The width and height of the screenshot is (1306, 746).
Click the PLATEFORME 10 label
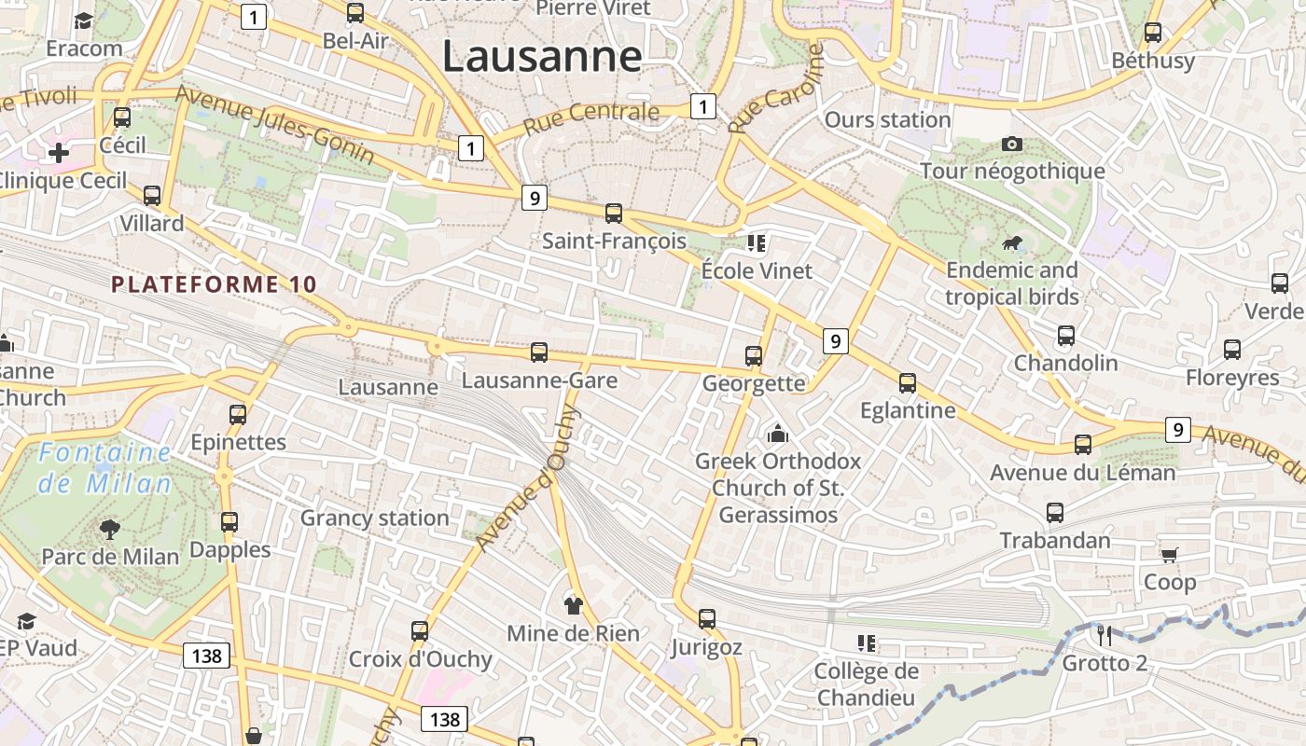point(215,284)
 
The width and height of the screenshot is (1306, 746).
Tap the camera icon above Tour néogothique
point(1012,144)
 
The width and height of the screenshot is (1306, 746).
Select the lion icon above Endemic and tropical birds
point(1012,244)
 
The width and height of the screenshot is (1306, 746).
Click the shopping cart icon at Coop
point(1169,555)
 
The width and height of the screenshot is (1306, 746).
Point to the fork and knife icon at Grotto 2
point(1105,635)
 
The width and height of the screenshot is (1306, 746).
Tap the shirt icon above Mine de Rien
point(573,605)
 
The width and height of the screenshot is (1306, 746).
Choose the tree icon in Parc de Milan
point(110,530)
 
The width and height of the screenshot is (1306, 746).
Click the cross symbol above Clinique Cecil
point(59,152)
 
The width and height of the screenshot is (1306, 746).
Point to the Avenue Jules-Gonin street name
point(274,125)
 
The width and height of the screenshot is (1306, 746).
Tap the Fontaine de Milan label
point(105,468)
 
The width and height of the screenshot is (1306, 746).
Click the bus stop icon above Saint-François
point(614,214)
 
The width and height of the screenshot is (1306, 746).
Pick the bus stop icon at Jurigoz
point(707,619)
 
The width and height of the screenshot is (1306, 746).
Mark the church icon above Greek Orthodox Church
point(777,434)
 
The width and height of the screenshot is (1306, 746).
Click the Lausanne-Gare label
point(539,380)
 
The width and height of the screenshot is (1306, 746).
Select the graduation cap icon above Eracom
point(84,21)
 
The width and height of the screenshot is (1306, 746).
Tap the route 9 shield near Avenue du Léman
point(1178,430)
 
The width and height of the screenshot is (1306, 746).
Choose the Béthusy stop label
point(1153,61)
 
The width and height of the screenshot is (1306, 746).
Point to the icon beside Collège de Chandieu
point(867,643)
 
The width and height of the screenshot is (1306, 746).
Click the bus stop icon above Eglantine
point(908,383)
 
